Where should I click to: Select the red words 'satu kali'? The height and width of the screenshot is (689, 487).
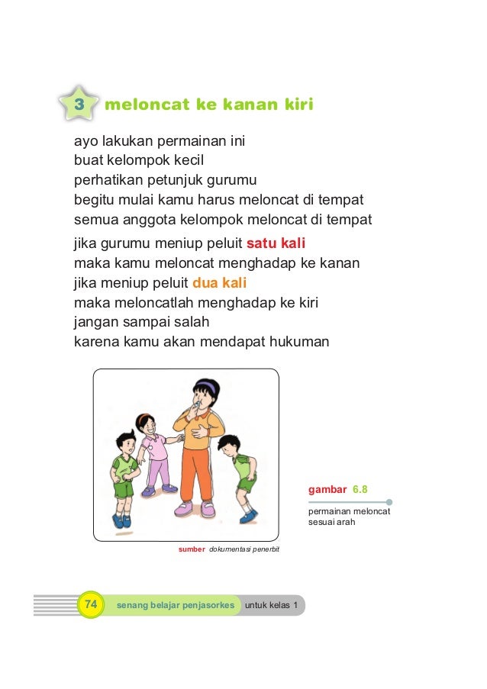(276, 244)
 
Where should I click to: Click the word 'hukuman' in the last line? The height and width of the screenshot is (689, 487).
(299, 342)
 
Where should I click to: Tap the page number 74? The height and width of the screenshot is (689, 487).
(91, 605)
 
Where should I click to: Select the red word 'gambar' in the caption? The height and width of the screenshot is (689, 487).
(327, 487)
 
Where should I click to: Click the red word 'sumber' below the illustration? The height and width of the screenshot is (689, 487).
(191, 549)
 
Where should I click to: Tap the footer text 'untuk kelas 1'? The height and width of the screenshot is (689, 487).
(271, 606)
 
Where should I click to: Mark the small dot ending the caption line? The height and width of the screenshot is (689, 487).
(389, 502)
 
